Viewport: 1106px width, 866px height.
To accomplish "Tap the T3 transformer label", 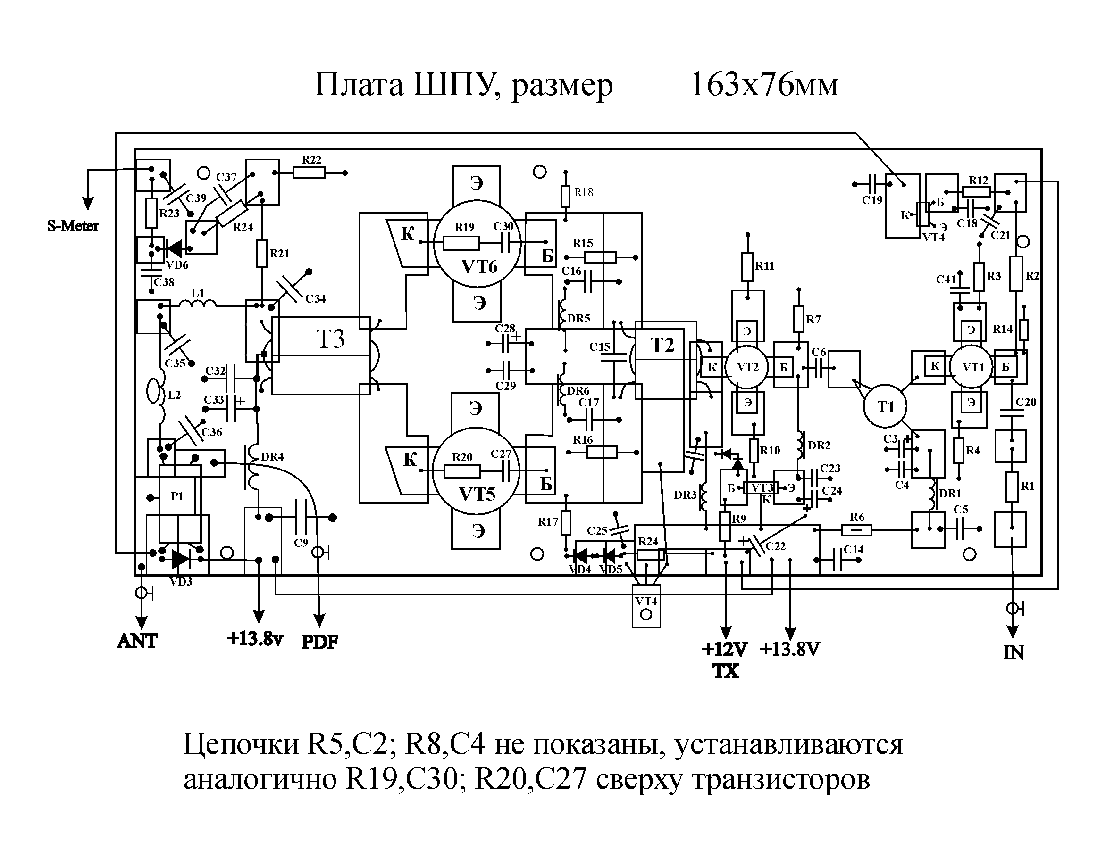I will pyautogui.click(x=330, y=338).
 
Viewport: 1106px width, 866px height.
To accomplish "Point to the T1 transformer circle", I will pyautogui.click(x=885, y=406).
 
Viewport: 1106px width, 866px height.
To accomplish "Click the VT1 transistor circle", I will pyautogui.click(x=970, y=367).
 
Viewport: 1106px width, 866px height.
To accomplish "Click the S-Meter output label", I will pyautogui.click(x=73, y=226).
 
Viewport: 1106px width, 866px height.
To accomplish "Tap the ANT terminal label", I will pyautogui.click(x=137, y=642).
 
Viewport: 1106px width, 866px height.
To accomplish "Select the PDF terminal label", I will pyautogui.click(x=319, y=642).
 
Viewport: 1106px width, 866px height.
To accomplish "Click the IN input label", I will pyautogui.click(x=1013, y=652).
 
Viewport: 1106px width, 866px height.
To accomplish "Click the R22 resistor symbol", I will pyautogui.click(x=309, y=173).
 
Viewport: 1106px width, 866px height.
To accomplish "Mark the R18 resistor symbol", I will pyautogui.click(x=566, y=196).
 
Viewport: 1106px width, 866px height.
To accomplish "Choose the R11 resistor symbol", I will pyautogui.click(x=747, y=267).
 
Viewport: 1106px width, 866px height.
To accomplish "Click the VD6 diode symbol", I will pyautogui.click(x=175, y=249).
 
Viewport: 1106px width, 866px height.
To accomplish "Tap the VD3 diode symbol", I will pyautogui.click(x=180, y=559).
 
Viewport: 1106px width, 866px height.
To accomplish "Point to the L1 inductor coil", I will pyautogui.click(x=197, y=304).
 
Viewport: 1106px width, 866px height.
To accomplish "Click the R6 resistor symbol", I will pyautogui.click(x=857, y=530).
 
